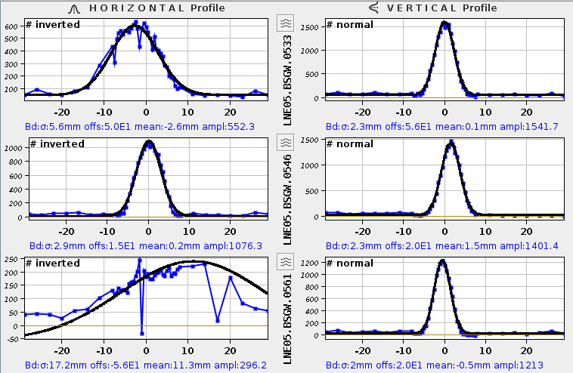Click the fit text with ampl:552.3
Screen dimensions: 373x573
point(148,126)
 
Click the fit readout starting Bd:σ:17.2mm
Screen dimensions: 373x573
point(147,365)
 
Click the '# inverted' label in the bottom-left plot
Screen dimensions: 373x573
point(53,263)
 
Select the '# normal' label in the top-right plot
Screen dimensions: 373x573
point(350,25)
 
